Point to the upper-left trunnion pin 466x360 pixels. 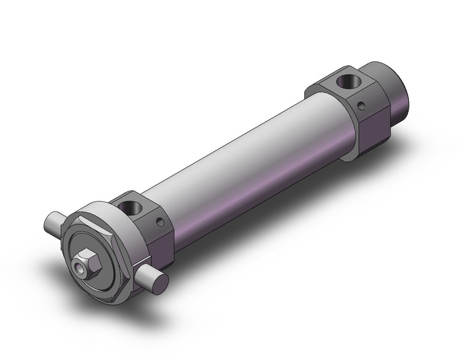click(x=55, y=222)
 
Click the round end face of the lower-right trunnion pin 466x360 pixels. click(x=161, y=281)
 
